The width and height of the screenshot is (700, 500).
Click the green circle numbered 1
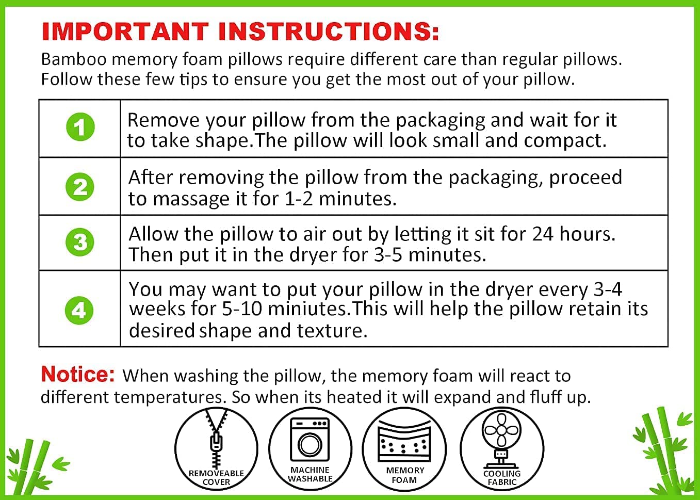[x=80, y=127]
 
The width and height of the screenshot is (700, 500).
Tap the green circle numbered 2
[x=79, y=187]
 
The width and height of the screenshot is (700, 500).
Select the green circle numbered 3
[x=79, y=242]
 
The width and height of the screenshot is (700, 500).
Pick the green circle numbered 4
[x=79, y=310]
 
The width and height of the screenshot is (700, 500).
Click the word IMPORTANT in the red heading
[x=125, y=31]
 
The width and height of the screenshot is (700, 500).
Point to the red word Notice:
[x=78, y=374]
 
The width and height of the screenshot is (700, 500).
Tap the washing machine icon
[x=310, y=440]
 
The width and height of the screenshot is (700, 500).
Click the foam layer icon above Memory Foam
[x=404, y=441]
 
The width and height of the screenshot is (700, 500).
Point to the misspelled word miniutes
[x=307, y=309]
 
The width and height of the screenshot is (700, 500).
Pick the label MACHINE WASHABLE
[x=310, y=474]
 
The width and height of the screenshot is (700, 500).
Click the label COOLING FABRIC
[x=502, y=478]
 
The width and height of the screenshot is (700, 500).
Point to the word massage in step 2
[x=191, y=199]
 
